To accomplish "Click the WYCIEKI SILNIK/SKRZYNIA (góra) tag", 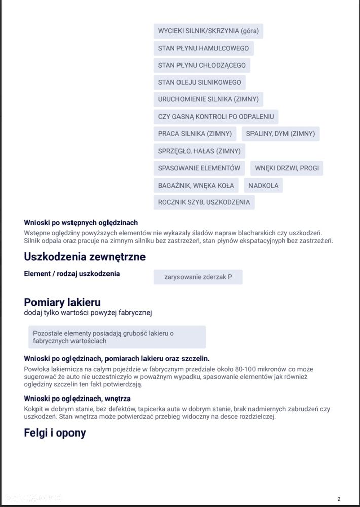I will (x=208, y=31).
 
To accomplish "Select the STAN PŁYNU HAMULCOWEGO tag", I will (x=203, y=48).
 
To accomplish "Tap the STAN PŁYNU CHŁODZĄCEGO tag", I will (x=202, y=65).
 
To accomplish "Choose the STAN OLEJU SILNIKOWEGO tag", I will (x=199, y=82).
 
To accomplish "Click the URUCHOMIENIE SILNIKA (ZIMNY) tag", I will (x=208, y=99).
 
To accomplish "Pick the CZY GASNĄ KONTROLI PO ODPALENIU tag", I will (x=215, y=117).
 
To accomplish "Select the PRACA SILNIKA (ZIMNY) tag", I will (x=195, y=134).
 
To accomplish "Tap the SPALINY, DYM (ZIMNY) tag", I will (x=280, y=134).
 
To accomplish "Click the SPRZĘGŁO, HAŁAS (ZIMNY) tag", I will (x=199, y=151).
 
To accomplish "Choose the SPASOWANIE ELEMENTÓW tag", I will (x=199, y=168).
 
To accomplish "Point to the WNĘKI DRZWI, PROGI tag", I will (x=287, y=168).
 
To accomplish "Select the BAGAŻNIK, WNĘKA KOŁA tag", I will (x=196, y=186).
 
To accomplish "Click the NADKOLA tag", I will (x=263, y=186).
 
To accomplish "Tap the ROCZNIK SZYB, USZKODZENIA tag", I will (x=204, y=202).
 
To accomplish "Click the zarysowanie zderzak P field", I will (x=198, y=277).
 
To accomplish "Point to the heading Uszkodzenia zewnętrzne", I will (x=85, y=257).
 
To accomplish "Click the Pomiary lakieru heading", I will (x=62, y=303).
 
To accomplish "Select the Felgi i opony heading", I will (x=55, y=433).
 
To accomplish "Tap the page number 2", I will (x=339, y=499).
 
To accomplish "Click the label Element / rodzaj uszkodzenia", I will (x=72, y=274).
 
